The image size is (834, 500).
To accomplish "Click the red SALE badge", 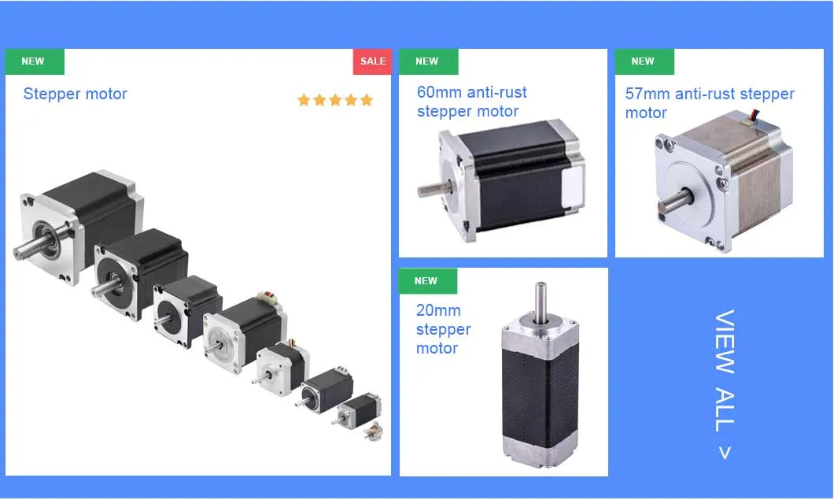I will (x=372, y=61).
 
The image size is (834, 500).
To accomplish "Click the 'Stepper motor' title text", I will (x=75, y=94).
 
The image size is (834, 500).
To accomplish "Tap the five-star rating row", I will (x=335, y=100).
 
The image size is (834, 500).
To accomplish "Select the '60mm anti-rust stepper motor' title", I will (x=471, y=102).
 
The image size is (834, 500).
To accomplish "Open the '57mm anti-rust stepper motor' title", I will (x=709, y=103).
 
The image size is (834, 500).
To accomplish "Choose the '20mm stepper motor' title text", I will (x=443, y=329).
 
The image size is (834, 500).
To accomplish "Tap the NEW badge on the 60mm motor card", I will (x=427, y=61).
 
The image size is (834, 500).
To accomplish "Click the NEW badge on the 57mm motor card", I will (x=644, y=61).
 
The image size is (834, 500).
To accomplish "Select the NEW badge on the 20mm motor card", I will (x=426, y=281).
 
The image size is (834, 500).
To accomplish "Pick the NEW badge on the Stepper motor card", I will (x=34, y=61).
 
